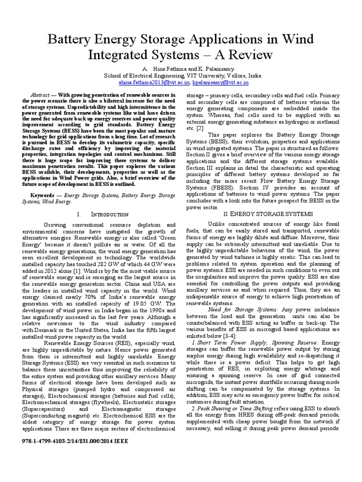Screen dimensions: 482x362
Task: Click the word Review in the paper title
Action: pos(250,55)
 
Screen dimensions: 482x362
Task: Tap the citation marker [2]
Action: pos(200,128)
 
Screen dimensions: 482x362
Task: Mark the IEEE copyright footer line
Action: pos(75,442)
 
